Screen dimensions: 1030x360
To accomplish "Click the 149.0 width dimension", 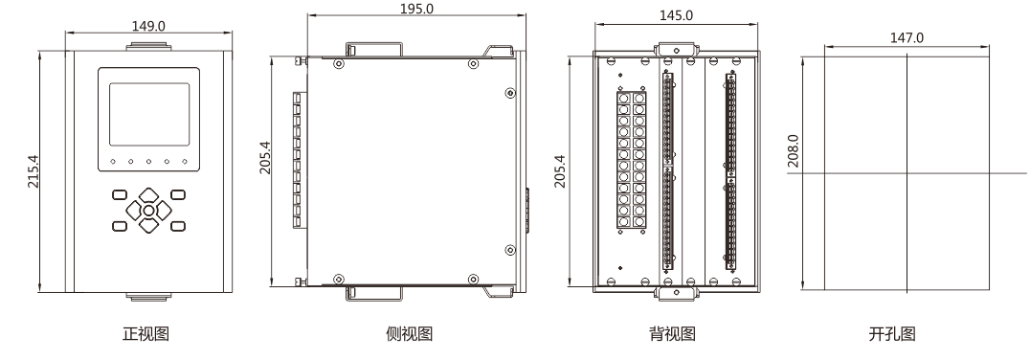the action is click(148, 26).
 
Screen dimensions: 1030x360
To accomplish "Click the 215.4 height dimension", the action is click(33, 171).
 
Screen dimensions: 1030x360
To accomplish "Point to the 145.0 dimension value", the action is click(676, 15).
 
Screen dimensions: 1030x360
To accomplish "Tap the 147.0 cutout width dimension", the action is click(907, 37).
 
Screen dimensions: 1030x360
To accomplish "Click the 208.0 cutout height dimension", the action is click(794, 150).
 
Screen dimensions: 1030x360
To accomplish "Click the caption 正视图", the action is click(146, 334).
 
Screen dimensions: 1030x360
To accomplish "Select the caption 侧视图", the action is click(410, 334).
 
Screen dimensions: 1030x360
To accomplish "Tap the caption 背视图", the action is click(672, 334).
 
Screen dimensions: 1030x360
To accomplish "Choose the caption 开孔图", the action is click(891, 334).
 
